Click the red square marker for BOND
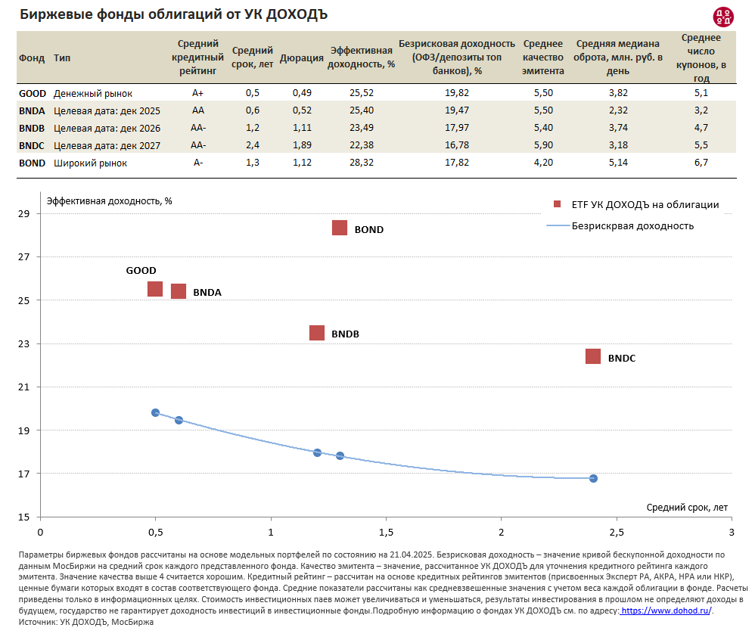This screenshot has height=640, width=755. [x=340, y=228]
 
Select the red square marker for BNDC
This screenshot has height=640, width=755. [x=593, y=356]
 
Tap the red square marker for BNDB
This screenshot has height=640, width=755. [x=317, y=333]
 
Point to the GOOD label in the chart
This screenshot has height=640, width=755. [x=141, y=270]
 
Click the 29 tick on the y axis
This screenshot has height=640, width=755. [x=23, y=214]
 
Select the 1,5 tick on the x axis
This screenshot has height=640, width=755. [x=386, y=531]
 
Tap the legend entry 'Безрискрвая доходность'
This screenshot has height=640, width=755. [x=632, y=225]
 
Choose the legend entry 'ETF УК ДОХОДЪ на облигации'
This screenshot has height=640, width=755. [x=644, y=204]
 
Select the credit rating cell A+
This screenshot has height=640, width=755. [x=199, y=93]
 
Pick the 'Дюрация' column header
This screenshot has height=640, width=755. [x=302, y=58]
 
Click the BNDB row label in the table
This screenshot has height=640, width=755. [x=31, y=128]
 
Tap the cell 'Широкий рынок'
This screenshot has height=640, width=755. [x=90, y=163]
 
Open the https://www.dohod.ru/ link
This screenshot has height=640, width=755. [x=666, y=610]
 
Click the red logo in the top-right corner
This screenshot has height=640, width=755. [x=722, y=16]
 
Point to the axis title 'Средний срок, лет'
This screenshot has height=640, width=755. [x=687, y=507]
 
